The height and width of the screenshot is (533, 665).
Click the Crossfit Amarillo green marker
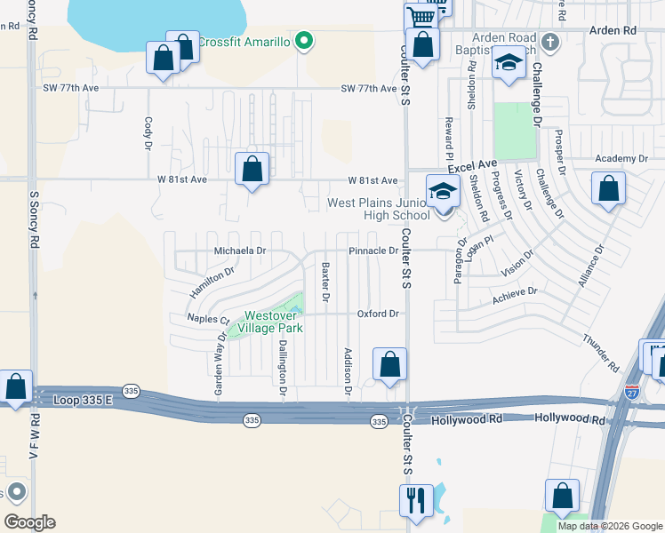(x=304, y=41)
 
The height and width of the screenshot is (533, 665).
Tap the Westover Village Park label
(x=274, y=322)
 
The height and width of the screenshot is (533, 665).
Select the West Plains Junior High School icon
(x=442, y=191)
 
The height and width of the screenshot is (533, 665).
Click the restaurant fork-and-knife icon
(x=415, y=500)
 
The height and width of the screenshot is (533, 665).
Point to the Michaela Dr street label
(x=240, y=251)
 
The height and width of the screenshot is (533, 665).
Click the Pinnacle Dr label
(x=373, y=251)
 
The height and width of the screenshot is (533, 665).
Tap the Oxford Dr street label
(x=377, y=314)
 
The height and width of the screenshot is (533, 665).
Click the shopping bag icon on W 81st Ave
(x=252, y=168)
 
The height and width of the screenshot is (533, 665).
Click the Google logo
(x=28, y=522)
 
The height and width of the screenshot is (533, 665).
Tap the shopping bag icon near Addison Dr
(x=389, y=364)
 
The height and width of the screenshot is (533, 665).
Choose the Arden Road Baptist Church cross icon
(x=550, y=42)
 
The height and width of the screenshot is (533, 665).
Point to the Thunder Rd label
(x=601, y=354)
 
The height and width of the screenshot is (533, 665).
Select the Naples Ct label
(x=207, y=319)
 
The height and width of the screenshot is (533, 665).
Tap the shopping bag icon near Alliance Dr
(x=608, y=188)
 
